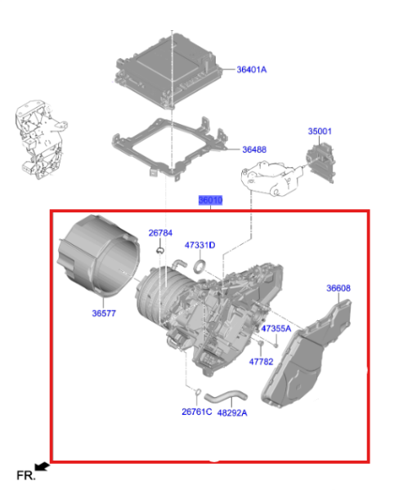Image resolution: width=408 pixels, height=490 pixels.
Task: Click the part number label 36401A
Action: pos(251,70)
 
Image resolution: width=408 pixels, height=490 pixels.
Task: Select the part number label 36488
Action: pos(258,149)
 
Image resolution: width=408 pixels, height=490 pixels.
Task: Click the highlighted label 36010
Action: pos(210,200)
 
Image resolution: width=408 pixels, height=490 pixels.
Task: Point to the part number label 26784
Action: pos(160,233)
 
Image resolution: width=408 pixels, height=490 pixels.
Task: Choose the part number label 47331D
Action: pos(200,245)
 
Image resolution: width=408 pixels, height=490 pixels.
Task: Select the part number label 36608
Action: pos(339,288)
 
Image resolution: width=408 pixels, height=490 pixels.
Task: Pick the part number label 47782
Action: pos(261,360)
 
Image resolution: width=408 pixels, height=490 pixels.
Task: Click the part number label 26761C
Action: pos(197,412)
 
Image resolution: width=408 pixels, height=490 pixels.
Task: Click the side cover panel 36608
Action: pos(315,359)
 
